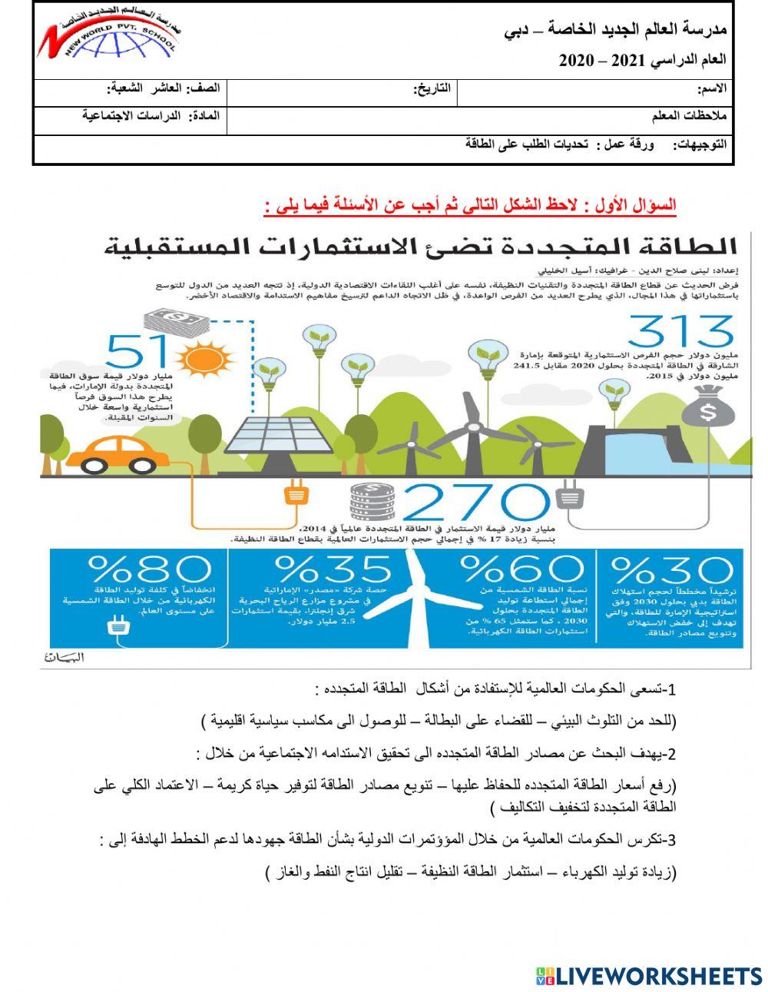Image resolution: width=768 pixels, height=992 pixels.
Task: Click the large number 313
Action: [x=680, y=332]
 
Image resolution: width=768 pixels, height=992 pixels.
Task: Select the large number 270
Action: [x=476, y=504]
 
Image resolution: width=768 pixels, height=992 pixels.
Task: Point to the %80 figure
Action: [x=150, y=570]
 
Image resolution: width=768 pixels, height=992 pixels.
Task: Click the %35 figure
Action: [x=332, y=570]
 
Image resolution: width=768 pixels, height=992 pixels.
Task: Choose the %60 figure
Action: [x=521, y=569]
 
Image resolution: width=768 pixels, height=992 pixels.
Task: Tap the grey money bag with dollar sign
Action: [x=708, y=408]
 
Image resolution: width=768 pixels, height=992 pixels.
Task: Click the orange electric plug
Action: [x=296, y=492]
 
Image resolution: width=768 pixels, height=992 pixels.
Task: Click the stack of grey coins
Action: [x=372, y=503]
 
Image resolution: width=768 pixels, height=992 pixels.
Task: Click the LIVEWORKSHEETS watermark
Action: [x=649, y=975]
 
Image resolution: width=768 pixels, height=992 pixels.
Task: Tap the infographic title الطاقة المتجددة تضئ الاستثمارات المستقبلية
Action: [x=420, y=247]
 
